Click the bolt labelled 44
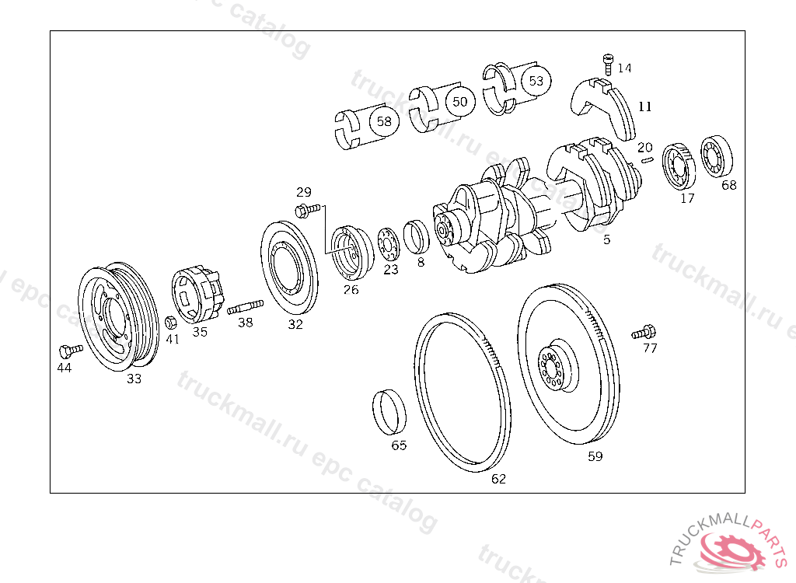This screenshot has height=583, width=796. point(71,351)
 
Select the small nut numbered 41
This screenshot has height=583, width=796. point(171,322)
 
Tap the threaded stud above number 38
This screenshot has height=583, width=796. point(245,307)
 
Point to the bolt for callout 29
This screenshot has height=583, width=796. point(307,209)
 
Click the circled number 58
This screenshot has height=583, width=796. point(384,121)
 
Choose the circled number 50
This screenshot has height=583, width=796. point(459,102)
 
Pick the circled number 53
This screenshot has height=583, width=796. point(536,81)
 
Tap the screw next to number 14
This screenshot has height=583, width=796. point(608,64)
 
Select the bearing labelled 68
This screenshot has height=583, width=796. point(716,156)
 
